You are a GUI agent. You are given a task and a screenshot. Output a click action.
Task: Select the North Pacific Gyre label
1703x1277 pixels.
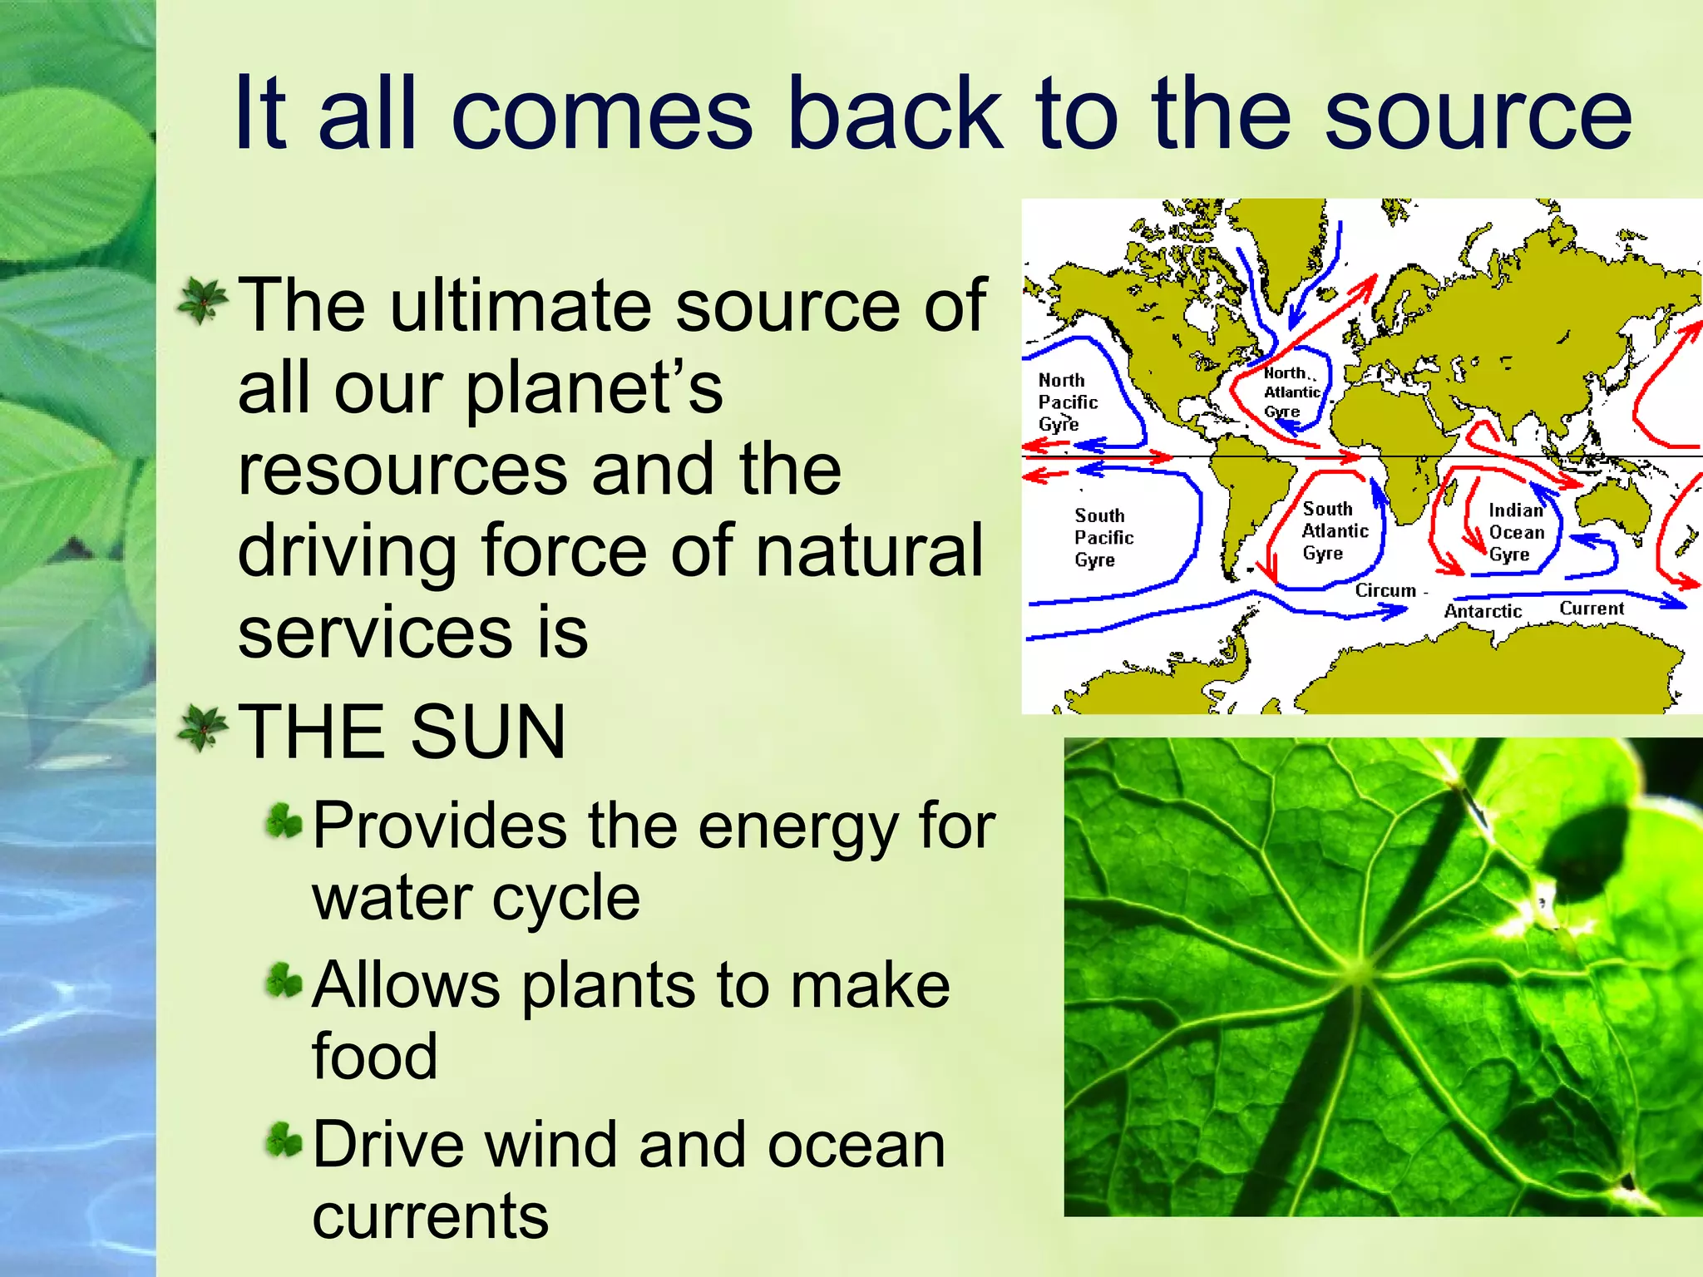click(1067, 402)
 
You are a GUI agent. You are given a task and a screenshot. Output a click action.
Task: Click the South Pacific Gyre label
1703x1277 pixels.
click(1103, 538)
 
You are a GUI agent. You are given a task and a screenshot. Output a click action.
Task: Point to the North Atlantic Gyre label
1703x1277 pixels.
click(1291, 392)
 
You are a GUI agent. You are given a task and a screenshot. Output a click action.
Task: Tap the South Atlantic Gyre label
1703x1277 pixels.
click(1334, 531)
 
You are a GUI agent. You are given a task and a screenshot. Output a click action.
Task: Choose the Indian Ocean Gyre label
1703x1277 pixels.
click(1516, 533)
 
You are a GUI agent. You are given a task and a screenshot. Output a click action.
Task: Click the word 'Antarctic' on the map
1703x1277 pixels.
click(1483, 612)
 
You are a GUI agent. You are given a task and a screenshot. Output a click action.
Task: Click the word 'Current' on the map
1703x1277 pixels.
click(1591, 609)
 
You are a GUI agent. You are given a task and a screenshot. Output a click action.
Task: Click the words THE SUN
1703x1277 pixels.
click(402, 732)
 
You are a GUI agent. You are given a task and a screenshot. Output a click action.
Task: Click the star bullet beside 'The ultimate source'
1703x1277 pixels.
click(202, 302)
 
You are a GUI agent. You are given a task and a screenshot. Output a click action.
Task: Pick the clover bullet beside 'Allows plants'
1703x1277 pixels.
click(284, 982)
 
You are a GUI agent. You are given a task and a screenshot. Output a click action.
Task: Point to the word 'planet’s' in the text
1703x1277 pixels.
click(594, 388)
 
